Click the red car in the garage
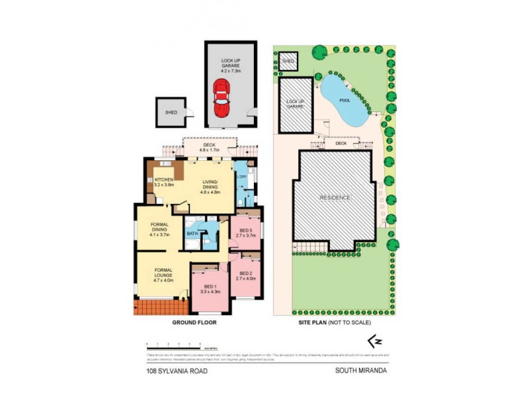(221, 98)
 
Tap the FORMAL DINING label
(159, 229)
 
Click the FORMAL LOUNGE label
(163, 273)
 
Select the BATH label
(192, 234)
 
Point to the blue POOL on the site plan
(345, 101)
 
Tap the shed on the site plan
(288, 62)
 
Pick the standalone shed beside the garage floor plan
(171, 112)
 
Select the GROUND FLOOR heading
(194, 322)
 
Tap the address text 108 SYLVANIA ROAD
(177, 371)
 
